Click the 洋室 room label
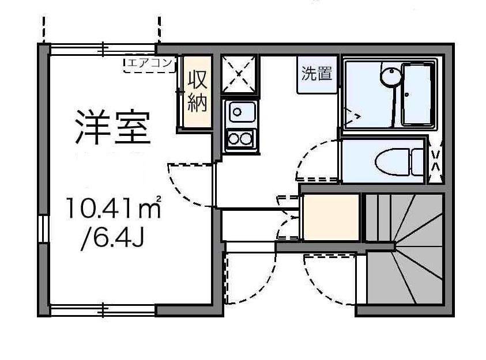[x=114, y=127]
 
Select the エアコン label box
[x=149, y=65]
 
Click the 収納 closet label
[x=197, y=91]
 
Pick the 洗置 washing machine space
[x=317, y=74]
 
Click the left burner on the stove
[x=234, y=139]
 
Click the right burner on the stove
[x=246, y=139]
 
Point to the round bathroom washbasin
[x=390, y=76]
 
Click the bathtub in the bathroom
[x=417, y=94]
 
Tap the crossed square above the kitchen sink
[x=239, y=74]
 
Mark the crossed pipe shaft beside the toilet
[x=435, y=161]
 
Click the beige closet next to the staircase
[x=331, y=217]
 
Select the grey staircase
[x=405, y=248]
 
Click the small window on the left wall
[x=43, y=229]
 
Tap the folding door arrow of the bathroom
[x=352, y=116]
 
